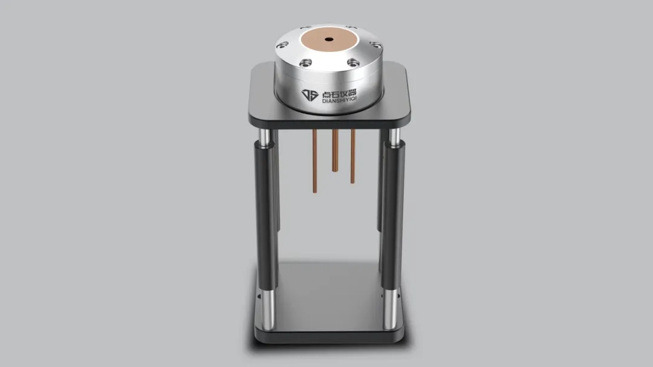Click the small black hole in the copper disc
(329, 40)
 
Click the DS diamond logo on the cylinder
(310, 95)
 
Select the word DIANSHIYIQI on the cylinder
(339, 100)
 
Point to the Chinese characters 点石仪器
(339, 93)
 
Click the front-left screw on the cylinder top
(306, 63)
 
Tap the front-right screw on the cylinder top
(353, 63)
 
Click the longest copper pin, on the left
(315, 161)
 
